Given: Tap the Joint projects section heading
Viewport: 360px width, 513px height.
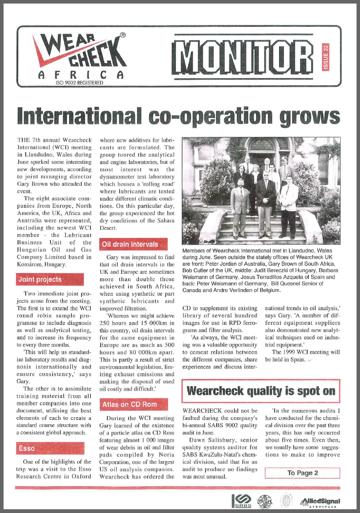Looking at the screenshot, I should pos(40,279).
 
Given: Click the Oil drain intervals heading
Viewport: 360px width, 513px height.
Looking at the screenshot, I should pos(130,244).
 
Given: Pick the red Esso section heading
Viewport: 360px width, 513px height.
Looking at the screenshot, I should pos(27,448).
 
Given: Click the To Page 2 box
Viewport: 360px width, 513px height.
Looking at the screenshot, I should pos(302,473).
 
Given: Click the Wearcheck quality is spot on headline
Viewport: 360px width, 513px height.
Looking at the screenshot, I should pos(261,391).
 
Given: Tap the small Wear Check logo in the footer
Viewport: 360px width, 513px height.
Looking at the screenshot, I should pos(265,502).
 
